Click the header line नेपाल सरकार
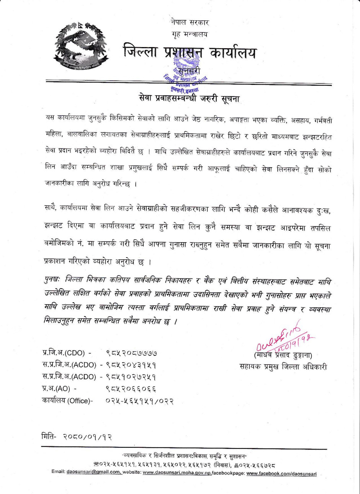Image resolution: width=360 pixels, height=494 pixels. [190, 23]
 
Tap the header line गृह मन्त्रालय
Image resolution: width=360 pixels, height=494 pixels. [190, 34]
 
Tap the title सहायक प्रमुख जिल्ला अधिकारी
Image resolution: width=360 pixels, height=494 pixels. [283, 367]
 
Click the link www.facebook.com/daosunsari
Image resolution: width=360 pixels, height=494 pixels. [281, 473]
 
